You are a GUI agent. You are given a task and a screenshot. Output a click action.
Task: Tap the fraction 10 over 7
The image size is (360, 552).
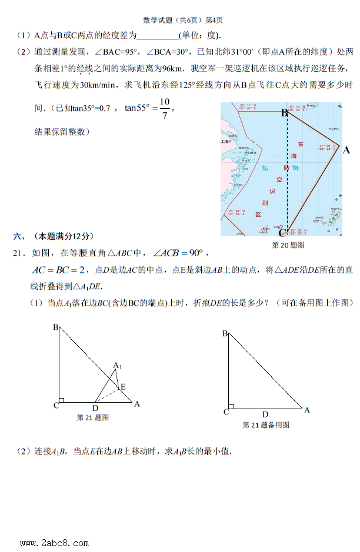(164, 108)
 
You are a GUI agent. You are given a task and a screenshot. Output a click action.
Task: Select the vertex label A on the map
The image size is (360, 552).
(346, 150)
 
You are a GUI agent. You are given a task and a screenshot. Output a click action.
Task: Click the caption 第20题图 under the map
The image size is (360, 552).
(288, 245)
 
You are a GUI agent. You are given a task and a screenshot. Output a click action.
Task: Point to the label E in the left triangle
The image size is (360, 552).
(122, 387)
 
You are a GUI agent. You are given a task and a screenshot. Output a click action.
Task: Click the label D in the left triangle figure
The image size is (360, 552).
(96, 407)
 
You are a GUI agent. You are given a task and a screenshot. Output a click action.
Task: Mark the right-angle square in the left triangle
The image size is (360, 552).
(61, 400)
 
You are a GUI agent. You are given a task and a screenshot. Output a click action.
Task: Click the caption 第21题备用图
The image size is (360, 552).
(266, 425)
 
